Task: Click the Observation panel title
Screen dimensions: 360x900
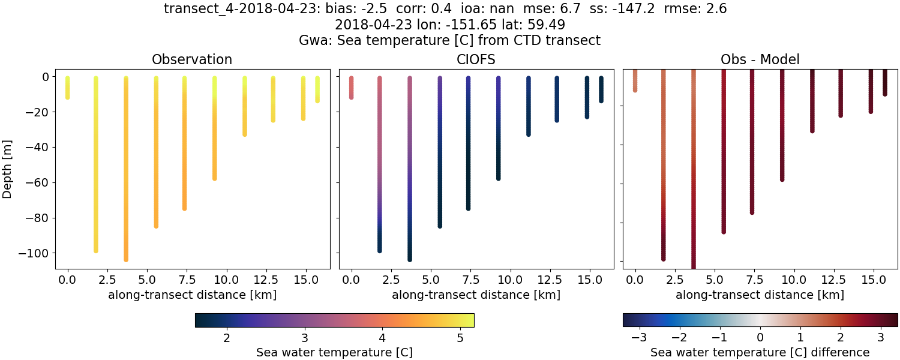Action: point(192,59)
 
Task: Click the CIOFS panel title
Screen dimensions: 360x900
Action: point(476,59)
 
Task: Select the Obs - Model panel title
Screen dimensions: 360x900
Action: point(760,59)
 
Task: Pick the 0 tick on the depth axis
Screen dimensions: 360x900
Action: point(47,77)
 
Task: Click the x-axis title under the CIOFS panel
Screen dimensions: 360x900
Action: point(476,295)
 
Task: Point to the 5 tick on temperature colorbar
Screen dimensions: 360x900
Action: point(460,338)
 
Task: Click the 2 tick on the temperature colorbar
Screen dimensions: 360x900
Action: point(227,338)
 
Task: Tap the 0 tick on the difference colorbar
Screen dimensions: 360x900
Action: point(760,338)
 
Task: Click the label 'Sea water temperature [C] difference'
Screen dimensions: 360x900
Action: point(760,352)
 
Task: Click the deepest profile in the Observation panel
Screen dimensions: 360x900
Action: point(125,168)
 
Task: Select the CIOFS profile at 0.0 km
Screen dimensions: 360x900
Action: point(352,88)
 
